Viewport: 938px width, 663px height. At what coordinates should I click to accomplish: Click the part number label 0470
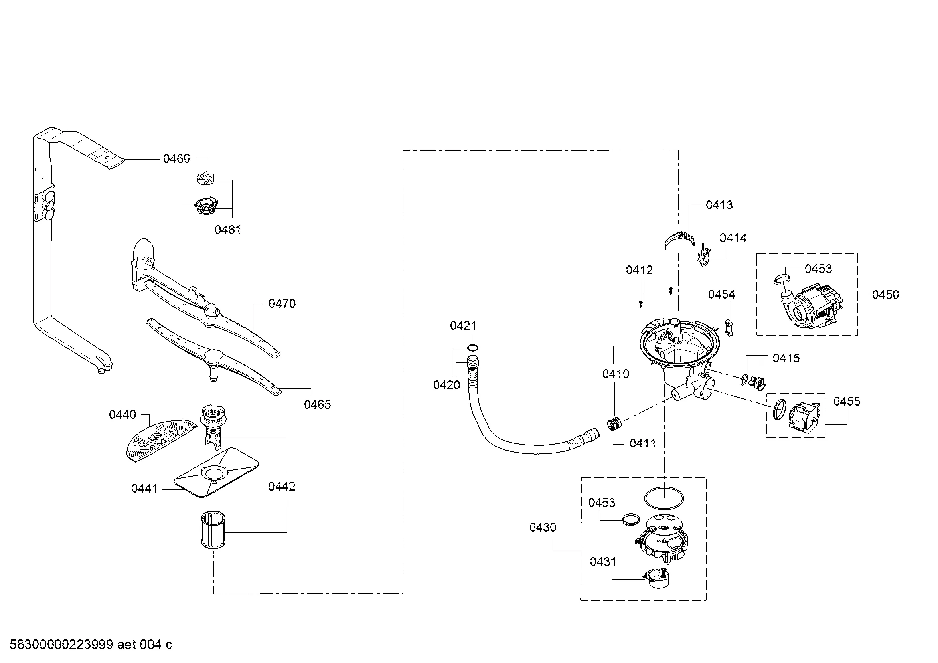282,304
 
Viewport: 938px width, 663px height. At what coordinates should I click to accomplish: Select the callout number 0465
318,404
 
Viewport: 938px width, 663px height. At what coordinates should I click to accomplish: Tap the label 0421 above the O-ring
463,325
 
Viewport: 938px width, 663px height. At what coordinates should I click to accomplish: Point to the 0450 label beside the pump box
886,295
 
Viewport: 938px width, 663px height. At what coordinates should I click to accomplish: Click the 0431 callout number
603,562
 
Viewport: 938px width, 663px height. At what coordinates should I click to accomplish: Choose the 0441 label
144,488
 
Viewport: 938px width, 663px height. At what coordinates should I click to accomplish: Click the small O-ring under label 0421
473,348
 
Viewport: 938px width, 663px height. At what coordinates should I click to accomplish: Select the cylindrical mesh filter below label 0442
212,531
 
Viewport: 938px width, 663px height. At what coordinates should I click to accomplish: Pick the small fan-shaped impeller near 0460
206,178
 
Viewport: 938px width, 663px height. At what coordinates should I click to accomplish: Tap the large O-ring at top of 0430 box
664,498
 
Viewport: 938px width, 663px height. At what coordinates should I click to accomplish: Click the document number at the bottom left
91,645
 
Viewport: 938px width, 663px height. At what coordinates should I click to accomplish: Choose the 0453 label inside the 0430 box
602,503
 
